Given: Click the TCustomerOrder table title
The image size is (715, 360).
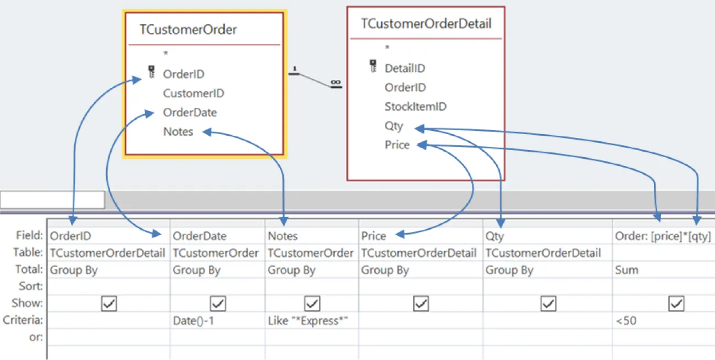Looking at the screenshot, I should [188, 30].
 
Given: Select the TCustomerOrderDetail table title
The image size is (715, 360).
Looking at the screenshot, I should [426, 24].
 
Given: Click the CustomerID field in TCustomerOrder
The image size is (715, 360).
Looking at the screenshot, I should [194, 93].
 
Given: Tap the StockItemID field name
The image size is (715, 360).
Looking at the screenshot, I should [415, 107].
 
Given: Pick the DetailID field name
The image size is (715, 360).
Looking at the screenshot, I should [405, 69].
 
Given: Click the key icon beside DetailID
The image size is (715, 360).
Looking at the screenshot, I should [373, 67].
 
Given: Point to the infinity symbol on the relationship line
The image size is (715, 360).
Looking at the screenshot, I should [335, 83].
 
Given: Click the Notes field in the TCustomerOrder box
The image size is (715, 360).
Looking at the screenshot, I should [178, 132].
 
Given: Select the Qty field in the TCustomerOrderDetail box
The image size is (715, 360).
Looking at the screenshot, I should [394, 126].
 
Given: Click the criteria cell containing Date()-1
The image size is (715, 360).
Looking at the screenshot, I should [193, 320].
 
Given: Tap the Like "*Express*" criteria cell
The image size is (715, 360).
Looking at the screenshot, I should [309, 320].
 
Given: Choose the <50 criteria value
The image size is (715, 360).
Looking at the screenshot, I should [626, 320].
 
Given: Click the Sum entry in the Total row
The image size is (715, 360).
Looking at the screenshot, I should [626, 270].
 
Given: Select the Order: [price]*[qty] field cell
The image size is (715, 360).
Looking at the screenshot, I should [662, 236].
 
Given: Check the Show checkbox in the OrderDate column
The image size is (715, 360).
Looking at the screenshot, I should [218, 303].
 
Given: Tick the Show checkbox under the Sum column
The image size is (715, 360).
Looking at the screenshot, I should [676, 303].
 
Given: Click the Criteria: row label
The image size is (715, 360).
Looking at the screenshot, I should [23, 320].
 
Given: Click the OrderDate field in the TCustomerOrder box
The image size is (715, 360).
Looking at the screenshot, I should [190, 113].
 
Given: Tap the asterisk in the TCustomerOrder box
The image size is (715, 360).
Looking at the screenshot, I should [166, 53].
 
